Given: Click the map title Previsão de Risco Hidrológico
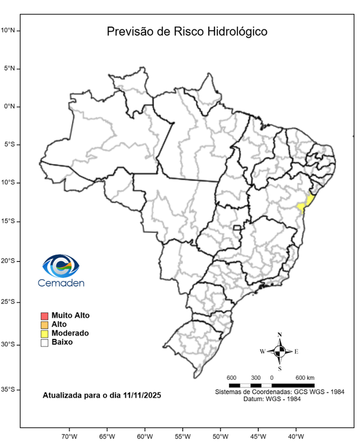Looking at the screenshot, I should point(187,31).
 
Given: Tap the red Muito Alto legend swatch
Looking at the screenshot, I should point(44,315).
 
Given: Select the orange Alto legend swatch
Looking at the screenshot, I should point(44,325).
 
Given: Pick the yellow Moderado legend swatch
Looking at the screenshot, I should point(44,333).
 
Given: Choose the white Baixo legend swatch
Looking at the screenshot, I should point(44,342).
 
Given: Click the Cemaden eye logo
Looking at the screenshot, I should point(61,266).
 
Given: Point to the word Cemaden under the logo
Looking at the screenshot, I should point(61,283).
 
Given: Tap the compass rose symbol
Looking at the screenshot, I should point(279,350).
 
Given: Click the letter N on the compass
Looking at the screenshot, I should point(279,334).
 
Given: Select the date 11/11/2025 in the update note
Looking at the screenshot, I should point(140,395).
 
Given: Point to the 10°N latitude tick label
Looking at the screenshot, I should point(10,30).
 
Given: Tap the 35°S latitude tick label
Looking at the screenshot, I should point(10,390).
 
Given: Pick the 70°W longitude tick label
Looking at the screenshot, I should point(70,436).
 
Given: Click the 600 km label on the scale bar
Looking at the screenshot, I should point(305,378).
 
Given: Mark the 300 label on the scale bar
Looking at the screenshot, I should point(255,378).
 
